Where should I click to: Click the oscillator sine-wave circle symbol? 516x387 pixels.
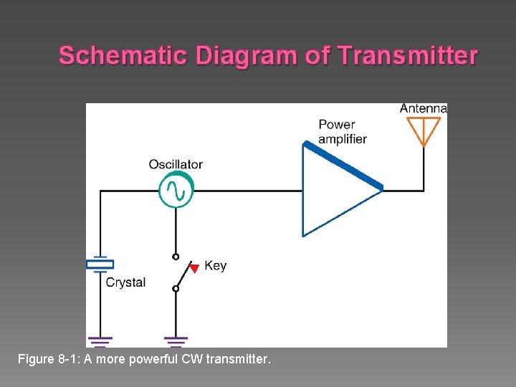176,191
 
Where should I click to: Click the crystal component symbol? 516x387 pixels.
100,264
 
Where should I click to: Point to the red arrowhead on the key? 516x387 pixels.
193,269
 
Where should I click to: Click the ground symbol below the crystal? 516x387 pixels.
100,340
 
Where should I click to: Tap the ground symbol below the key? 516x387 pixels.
176,340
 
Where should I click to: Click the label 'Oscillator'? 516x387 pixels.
176,164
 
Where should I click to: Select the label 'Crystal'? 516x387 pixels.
125,282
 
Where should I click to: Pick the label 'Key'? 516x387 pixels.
215,265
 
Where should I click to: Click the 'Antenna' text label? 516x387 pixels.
424,109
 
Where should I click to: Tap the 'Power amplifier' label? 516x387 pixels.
342,132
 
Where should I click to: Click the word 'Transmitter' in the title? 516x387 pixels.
406,55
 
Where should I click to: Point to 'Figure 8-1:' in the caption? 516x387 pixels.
48,358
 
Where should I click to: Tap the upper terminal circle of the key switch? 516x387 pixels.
176,256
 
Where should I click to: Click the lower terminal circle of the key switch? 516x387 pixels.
176,288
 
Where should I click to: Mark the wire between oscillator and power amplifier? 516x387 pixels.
247,191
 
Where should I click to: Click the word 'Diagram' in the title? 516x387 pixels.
254,55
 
